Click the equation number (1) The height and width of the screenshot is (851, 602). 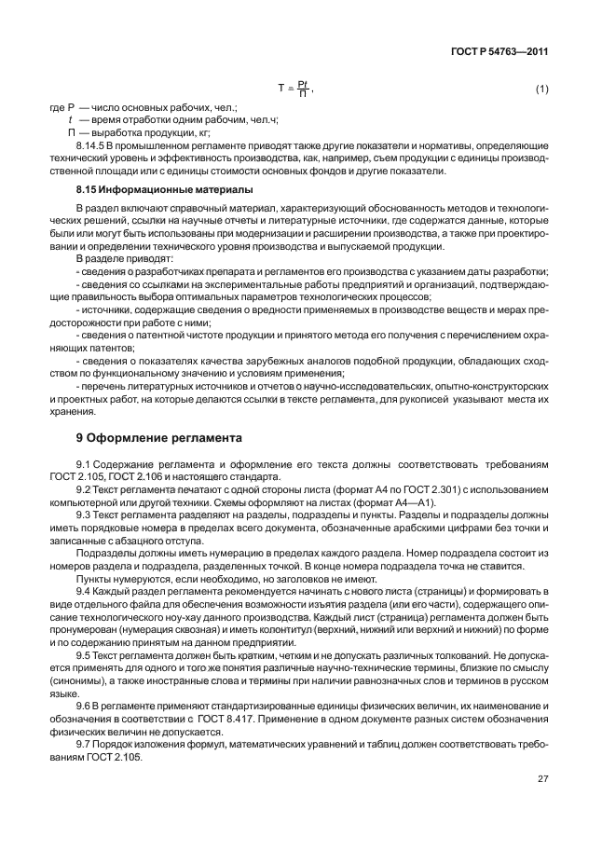(541, 89)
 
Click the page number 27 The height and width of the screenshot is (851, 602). (541, 776)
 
